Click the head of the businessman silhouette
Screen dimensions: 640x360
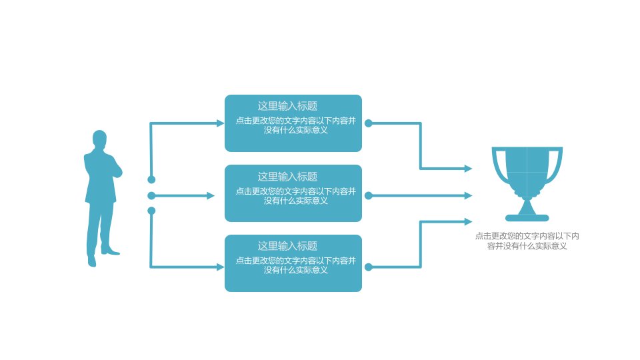[x=99, y=139]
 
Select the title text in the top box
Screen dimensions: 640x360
[x=287, y=106]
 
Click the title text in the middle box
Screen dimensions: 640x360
[x=287, y=177]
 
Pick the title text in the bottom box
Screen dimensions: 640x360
[x=287, y=246]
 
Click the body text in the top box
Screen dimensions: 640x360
[x=296, y=125]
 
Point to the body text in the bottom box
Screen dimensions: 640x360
[x=296, y=265]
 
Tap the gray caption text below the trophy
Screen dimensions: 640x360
[x=527, y=241]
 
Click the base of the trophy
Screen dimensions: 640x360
[x=527, y=217]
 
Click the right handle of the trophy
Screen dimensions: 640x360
[x=555, y=165]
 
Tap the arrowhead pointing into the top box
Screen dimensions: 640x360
[x=220, y=123]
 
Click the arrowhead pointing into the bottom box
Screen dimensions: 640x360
[x=220, y=267]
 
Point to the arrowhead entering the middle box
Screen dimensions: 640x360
[x=211, y=196]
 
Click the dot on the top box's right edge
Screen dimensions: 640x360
[x=368, y=123]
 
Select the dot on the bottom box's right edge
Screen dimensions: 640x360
[x=368, y=267]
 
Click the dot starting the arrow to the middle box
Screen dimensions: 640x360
[x=151, y=196]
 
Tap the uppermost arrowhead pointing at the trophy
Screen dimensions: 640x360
[x=468, y=168]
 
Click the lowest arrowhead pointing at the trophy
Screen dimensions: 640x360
[x=468, y=221]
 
